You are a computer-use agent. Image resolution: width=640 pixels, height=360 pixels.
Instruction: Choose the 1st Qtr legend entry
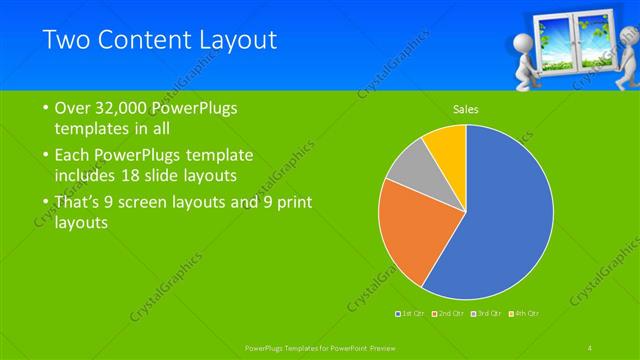(x=411, y=313)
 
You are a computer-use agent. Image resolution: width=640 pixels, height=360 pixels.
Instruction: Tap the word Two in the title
(x=67, y=41)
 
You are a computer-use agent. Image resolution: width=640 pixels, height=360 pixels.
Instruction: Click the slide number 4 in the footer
(x=590, y=346)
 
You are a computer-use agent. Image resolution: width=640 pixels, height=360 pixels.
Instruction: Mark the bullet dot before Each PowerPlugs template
(x=46, y=156)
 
